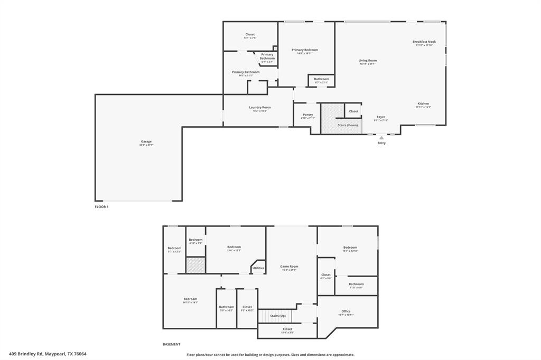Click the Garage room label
coord(146,141)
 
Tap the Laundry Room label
coord(260,107)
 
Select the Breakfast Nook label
coord(424,42)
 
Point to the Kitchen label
coord(423,103)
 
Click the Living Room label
coord(368,61)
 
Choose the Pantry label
coord(308,115)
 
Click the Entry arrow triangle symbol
coord(381,138)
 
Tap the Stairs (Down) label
coord(348,125)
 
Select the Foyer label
coord(381,117)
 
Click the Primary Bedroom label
coord(305,50)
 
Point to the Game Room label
coord(289,267)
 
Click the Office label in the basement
coord(346,311)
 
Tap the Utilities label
coord(258,268)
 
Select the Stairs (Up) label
coord(278,316)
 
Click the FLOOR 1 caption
coord(101,207)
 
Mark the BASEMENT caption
coord(171,344)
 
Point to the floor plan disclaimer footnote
coord(270,355)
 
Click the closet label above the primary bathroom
coord(250,34)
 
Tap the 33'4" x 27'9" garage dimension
coord(146,145)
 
